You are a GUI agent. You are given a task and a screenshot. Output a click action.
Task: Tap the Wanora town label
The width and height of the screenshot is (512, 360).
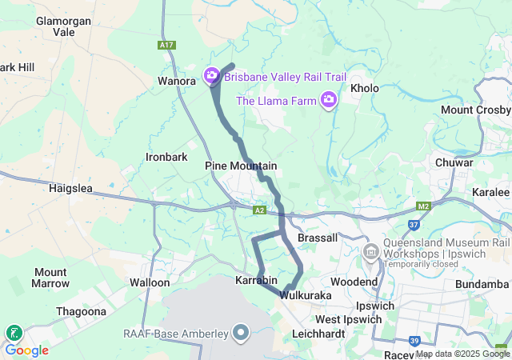pos(177,81)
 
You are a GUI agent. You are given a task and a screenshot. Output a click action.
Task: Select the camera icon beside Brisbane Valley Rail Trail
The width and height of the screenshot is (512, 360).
pos(212,76)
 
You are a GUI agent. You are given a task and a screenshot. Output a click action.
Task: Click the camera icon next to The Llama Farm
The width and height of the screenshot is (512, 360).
pos(328,100)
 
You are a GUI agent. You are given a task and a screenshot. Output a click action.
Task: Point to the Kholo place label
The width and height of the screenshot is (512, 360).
pos(364,88)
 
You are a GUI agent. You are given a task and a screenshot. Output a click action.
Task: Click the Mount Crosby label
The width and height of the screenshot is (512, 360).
pos(475,110)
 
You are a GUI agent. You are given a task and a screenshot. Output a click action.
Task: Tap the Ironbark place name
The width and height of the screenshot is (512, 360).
pos(166,157)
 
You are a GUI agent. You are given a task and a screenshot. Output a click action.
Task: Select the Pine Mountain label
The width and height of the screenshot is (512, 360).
pos(241,166)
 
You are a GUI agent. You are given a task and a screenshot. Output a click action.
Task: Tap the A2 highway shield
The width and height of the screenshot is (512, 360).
pos(259,210)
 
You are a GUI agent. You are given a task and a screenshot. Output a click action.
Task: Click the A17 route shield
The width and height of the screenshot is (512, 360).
pos(166,46)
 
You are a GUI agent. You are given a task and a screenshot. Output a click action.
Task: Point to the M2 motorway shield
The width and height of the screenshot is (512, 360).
pos(424,207)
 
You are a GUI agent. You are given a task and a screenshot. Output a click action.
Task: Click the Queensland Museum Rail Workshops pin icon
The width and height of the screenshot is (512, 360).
pos(370,252)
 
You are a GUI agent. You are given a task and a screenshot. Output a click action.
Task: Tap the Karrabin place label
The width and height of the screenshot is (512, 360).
pos(256,281)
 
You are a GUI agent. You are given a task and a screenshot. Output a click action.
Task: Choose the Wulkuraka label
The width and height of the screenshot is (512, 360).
pos(306,296)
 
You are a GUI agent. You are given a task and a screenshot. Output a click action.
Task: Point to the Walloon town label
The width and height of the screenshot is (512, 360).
pos(150,282)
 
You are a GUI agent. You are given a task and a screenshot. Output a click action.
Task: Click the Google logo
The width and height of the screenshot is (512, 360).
pos(26,350)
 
